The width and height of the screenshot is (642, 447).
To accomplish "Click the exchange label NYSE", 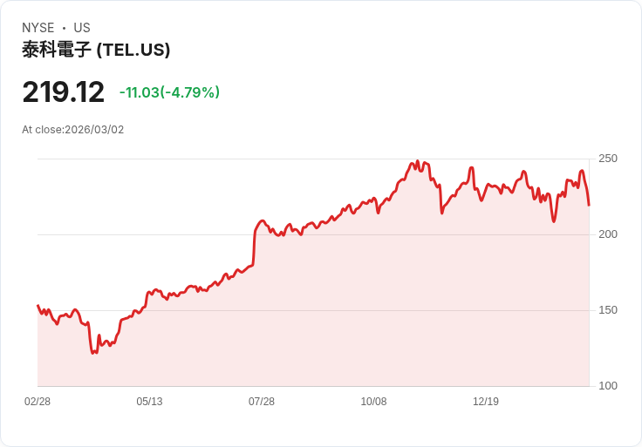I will pyautogui.click(x=38, y=28).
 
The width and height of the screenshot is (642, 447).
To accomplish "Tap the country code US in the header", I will pyautogui.click(x=81, y=28).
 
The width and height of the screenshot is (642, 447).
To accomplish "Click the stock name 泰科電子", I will pyautogui.click(x=56, y=50).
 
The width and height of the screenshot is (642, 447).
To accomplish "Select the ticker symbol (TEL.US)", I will pyautogui.click(x=133, y=50).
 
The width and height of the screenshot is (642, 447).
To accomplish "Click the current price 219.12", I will pyautogui.click(x=63, y=92).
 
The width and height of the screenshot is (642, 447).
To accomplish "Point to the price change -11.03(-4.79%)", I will pyautogui.click(x=169, y=92).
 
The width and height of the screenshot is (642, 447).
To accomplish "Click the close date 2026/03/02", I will pyautogui.click(x=94, y=130).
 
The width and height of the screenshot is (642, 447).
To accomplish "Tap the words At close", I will pyautogui.click(x=42, y=130).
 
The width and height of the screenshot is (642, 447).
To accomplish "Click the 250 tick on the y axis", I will pyautogui.click(x=608, y=159).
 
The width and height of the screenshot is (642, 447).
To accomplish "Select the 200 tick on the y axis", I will pyautogui.click(x=608, y=234).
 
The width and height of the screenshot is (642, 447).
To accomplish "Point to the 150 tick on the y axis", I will pyautogui.click(x=608, y=310).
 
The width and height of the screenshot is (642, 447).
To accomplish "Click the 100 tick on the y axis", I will pyautogui.click(x=608, y=386).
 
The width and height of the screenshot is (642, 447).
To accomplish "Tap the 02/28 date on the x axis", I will pyautogui.click(x=38, y=402).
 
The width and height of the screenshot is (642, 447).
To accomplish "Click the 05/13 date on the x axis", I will pyautogui.click(x=149, y=402).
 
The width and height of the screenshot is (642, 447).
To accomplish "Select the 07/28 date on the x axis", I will pyautogui.click(x=262, y=402).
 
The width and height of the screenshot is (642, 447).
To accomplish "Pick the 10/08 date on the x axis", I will pyautogui.click(x=373, y=402).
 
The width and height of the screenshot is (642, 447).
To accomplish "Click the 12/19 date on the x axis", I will pyautogui.click(x=486, y=402).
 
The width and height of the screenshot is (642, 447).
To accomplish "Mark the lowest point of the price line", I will pyautogui.click(x=93, y=353).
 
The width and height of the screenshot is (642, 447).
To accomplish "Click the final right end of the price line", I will pyautogui.click(x=589, y=206).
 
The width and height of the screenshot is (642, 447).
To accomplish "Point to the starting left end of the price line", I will pyautogui.click(x=38, y=306).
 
